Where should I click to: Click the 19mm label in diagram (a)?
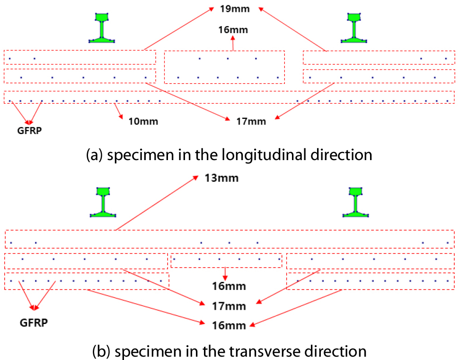(233, 9)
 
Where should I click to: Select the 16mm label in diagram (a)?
(233, 30)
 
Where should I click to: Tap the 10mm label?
(143, 121)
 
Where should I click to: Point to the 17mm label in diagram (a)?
(251, 121)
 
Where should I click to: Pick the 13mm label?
(221, 179)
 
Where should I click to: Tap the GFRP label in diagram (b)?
(34, 323)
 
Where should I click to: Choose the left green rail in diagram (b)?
(103, 202)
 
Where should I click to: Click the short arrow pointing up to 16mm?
(233, 43)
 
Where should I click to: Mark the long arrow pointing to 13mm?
(156, 204)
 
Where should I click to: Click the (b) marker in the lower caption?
(100, 351)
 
